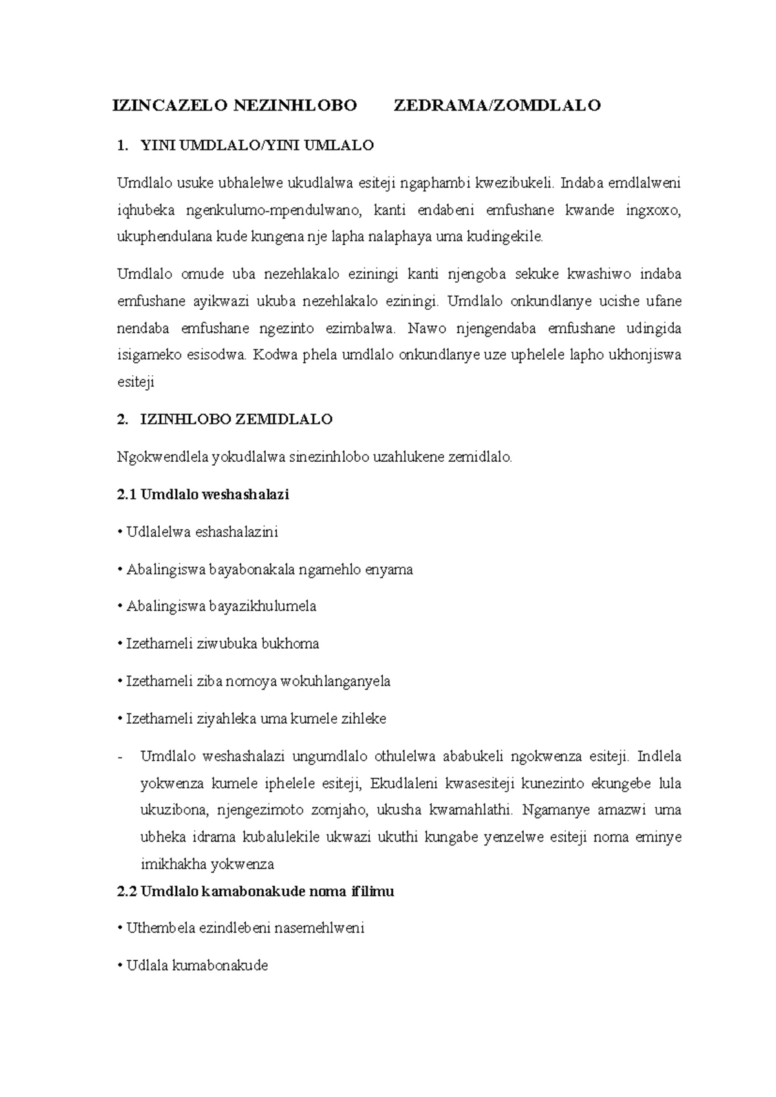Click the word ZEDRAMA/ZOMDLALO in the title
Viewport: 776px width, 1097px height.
click(x=497, y=105)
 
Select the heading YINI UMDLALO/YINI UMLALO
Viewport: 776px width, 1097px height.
click(x=257, y=146)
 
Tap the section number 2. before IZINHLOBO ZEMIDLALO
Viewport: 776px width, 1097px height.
click(x=122, y=419)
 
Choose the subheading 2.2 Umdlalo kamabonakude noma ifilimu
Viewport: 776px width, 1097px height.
click(x=255, y=891)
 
